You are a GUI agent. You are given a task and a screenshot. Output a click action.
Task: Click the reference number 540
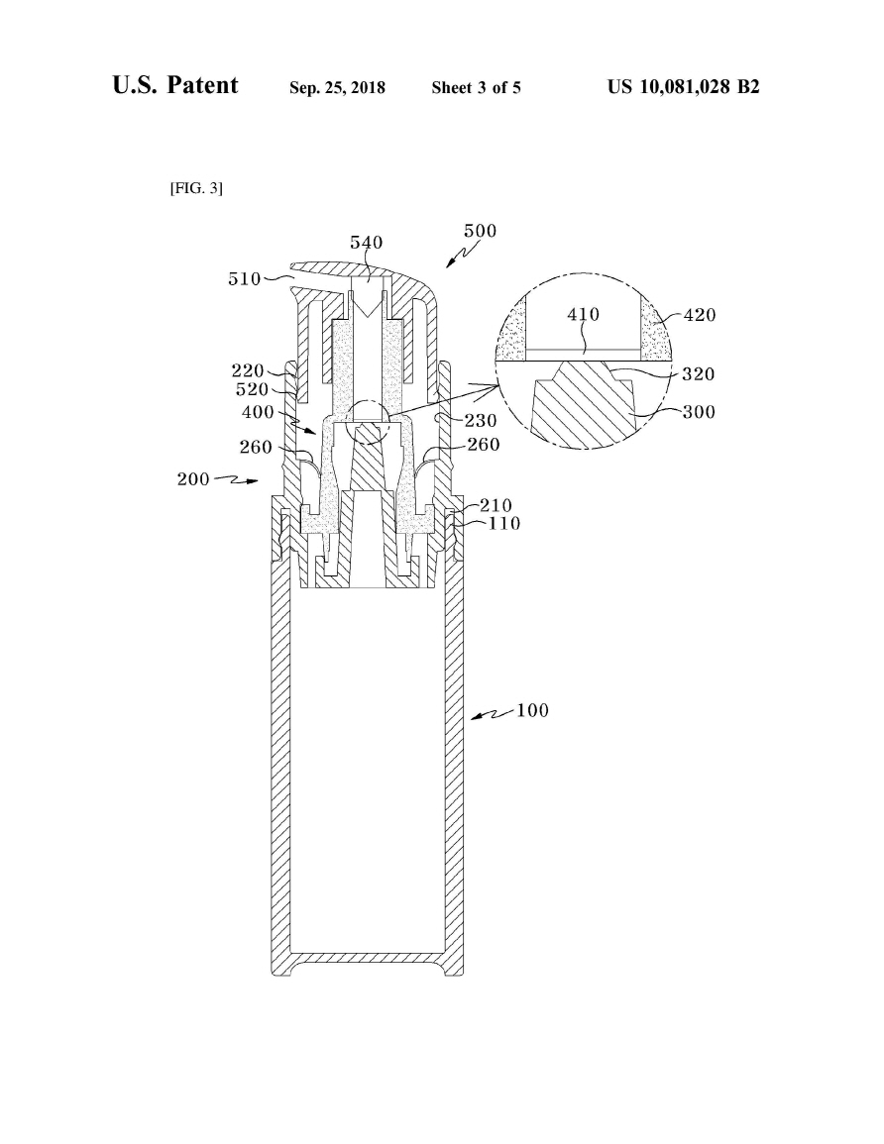point(367,243)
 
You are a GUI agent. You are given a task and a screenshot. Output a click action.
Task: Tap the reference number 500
point(481,231)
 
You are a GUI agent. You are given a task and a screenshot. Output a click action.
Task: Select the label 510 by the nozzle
point(245,278)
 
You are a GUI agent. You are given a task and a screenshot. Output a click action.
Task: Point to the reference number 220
point(248,370)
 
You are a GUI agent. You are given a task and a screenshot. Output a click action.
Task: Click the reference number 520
point(252,389)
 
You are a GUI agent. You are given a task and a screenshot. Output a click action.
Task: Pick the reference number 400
point(258,412)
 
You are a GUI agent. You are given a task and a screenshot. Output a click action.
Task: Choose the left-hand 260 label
point(256,448)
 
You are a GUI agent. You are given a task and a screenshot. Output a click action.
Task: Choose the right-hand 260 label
point(484,445)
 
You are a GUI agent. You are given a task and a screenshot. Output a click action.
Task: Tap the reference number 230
point(481,421)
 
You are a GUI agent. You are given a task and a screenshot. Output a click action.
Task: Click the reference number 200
point(193,479)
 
